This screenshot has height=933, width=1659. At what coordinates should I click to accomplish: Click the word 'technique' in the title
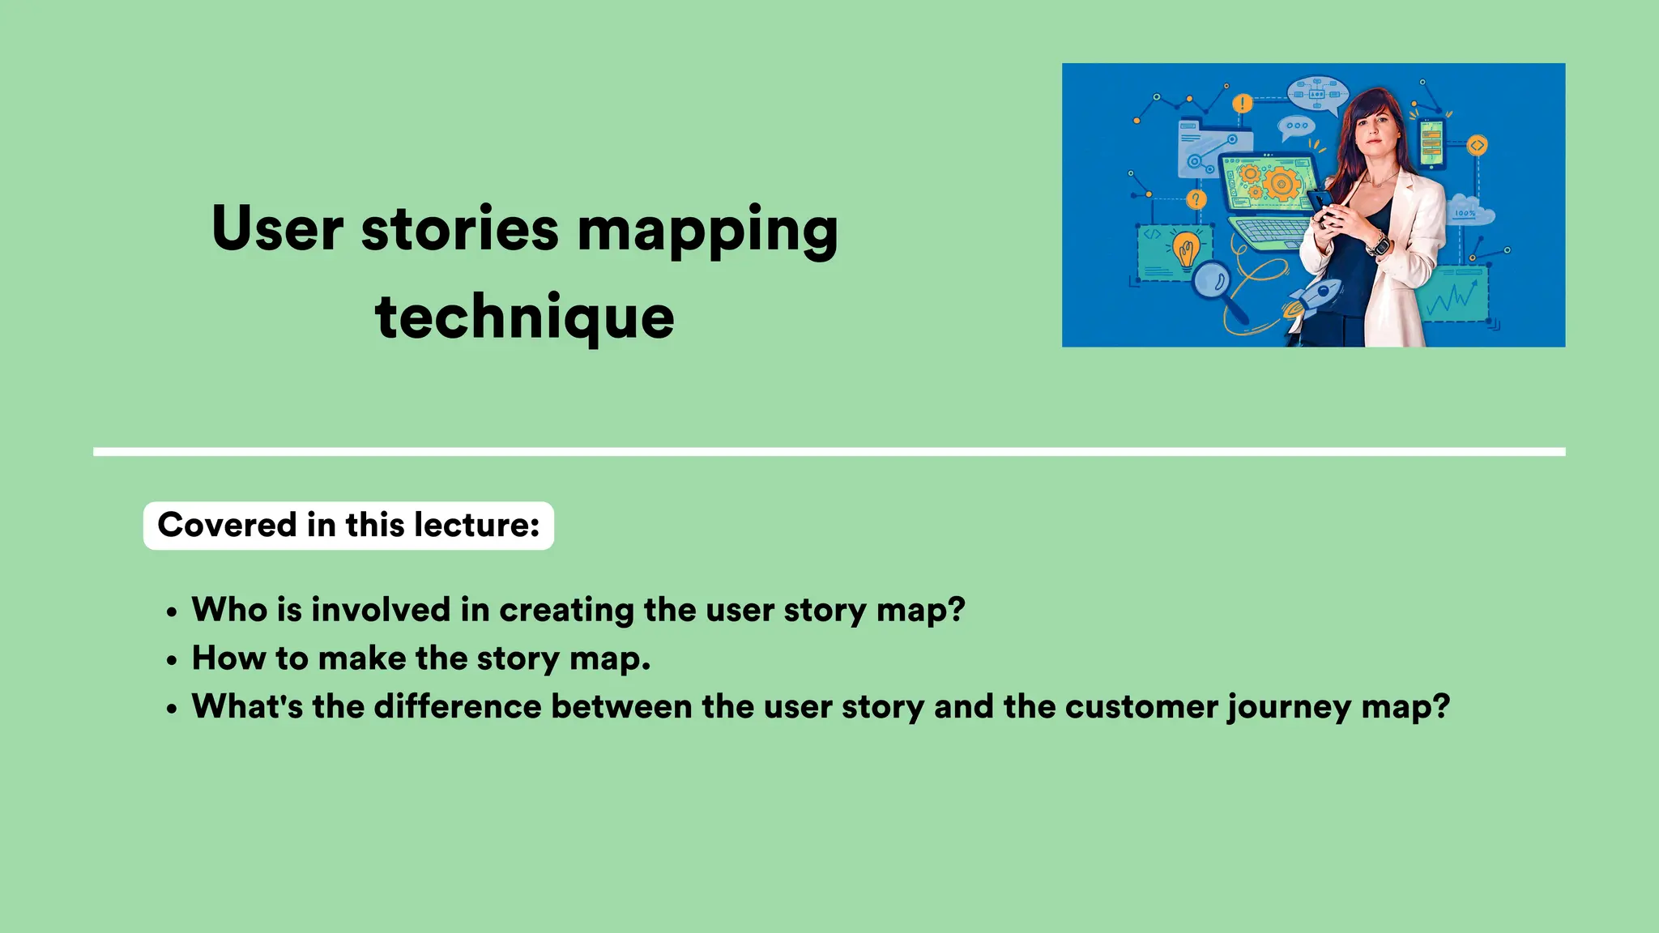524,317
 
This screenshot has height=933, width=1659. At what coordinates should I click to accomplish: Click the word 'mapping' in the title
707,230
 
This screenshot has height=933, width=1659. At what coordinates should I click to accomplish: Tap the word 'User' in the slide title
277,228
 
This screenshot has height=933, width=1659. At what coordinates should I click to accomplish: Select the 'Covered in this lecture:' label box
348,526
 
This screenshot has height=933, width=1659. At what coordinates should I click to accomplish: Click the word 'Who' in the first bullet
229,610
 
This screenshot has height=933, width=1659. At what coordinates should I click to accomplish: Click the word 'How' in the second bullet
228,658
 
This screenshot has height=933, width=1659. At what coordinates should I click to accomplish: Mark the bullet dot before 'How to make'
171,661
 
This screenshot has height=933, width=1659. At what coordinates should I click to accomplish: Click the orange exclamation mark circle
1243,104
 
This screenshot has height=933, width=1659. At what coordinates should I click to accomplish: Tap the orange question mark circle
1196,199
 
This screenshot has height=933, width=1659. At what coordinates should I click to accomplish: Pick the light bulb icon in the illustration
1187,249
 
